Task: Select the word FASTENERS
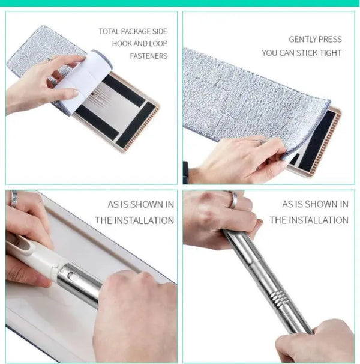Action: coord(148,56)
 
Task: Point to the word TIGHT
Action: coord(331,53)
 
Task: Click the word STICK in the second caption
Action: coord(307,53)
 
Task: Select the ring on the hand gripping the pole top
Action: coord(233,199)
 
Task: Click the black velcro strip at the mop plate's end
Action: coord(136,124)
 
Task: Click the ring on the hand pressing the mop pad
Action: coord(260,141)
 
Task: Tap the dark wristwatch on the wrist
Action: coord(185,173)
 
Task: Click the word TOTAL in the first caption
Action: coord(109,31)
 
